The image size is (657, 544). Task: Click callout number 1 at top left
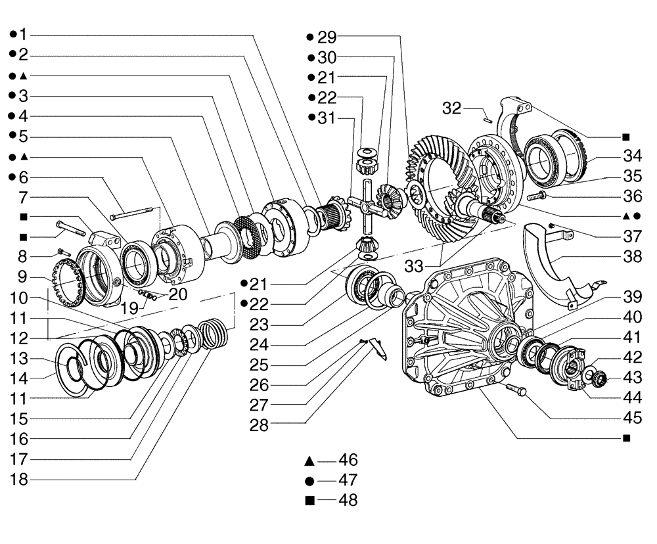(x=23, y=34)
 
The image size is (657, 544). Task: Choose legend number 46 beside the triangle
(x=348, y=460)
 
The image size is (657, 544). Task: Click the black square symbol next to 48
(x=309, y=501)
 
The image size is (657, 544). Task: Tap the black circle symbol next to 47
(x=309, y=480)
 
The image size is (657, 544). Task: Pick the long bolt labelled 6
(x=135, y=213)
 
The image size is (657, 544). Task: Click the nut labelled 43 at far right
(x=600, y=378)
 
